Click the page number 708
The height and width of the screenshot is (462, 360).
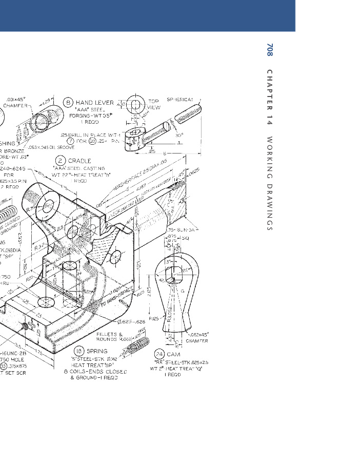270,50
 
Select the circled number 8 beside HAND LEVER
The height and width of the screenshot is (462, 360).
69,103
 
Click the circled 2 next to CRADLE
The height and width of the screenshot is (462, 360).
61,161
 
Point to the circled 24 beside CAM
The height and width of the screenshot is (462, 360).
159,354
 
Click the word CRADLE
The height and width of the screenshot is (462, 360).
79,161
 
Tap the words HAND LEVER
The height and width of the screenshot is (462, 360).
95,103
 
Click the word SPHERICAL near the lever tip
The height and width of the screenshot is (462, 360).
180,100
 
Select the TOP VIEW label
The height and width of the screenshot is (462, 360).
154,104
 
